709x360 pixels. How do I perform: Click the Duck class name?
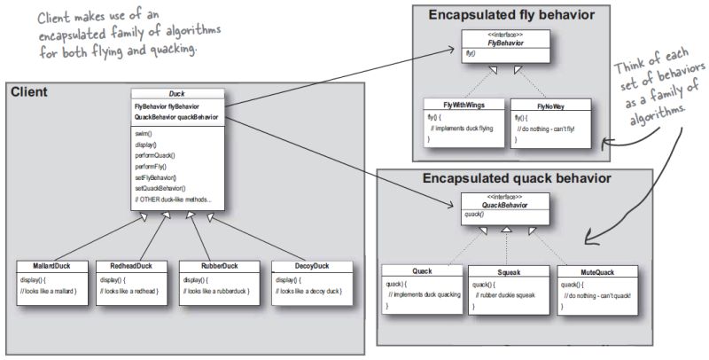pyautogui.click(x=177, y=94)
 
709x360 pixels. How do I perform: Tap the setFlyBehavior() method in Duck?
pyautogui.click(x=157, y=177)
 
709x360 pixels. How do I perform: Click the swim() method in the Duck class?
pyautogui.click(x=144, y=132)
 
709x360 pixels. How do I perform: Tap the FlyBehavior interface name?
pyautogui.click(x=503, y=41)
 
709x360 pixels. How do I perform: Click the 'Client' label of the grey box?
pyautogui.click(x=28, y=91)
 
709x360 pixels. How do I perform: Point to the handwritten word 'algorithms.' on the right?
pyautogui.click(x=659, y=119)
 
